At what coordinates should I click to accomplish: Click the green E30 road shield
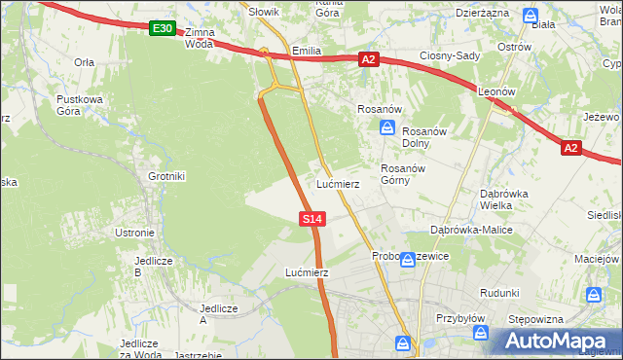click(x=163, y=29)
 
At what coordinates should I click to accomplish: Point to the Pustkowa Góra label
click(x=79, y=105)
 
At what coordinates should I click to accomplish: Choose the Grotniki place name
click(x=166, y=176)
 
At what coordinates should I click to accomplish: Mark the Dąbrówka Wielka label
click(x=503, y=198)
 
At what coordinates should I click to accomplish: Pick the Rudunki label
click(x=499, y=292)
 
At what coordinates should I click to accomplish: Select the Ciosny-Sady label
click(x=450, y=55)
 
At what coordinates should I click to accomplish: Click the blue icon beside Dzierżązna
click(x=531, y=16)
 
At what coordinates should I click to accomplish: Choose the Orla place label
click(x=84, y=61)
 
